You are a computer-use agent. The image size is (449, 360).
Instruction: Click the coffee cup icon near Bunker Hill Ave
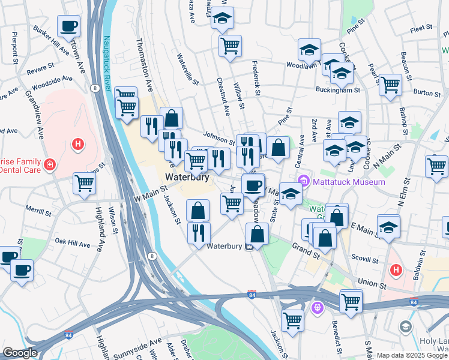click(68, 26)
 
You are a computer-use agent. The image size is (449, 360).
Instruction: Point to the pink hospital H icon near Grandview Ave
click(77, 143)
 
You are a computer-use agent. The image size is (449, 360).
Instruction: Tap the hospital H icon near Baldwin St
click(396, 270)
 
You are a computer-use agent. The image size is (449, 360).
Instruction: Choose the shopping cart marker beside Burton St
click(390, 85)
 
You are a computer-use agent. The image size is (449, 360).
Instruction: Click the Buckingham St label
click(338, 90)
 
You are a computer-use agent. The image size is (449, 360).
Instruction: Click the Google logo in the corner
click(20, 353)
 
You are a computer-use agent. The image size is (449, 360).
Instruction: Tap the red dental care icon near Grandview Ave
click(50, 164)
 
